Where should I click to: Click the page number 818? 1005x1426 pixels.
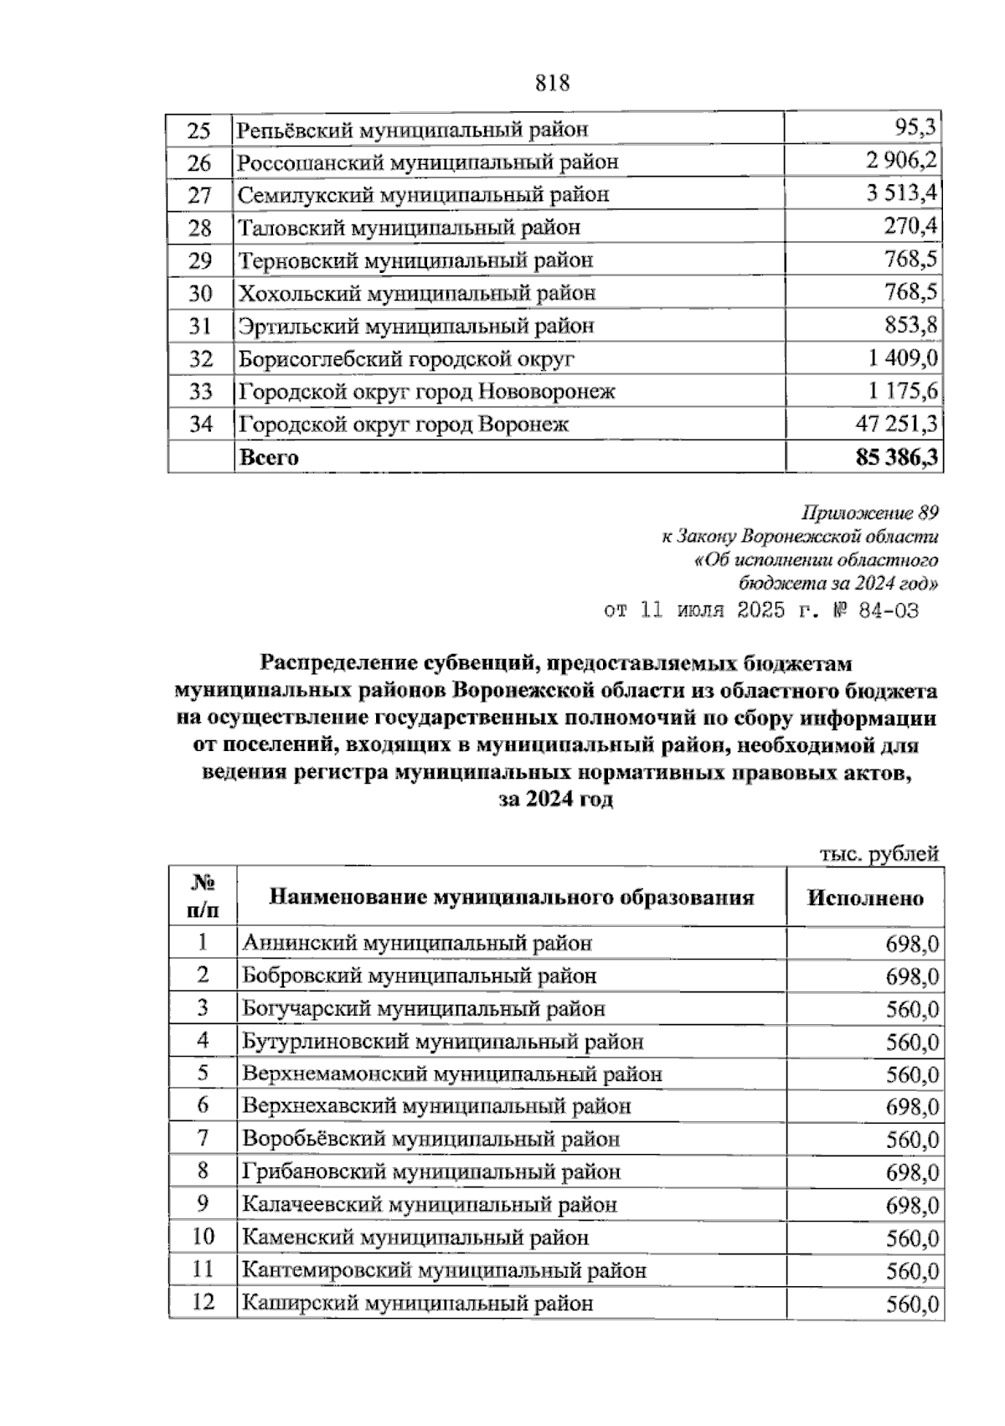551,83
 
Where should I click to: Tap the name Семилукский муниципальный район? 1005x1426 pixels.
424,195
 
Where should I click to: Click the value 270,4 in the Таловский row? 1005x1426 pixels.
910,227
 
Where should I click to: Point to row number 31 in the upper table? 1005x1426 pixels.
200,326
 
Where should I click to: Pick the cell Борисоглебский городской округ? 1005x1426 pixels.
407,359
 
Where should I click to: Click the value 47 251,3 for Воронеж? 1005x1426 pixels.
896,424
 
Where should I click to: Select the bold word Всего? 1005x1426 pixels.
269,457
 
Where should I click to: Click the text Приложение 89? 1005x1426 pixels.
869,512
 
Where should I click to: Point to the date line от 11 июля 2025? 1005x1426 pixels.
760,610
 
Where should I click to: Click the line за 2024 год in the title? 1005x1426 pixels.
556,800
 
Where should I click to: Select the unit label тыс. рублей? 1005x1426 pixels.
879,854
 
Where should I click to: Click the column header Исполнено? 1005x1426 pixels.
865,898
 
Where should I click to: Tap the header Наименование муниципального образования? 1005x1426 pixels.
511,898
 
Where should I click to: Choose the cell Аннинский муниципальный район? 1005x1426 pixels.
417,944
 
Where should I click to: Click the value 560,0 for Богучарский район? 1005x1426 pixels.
912,1010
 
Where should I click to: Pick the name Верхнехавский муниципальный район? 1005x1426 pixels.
436,1107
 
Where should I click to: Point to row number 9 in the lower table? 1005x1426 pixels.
202,1204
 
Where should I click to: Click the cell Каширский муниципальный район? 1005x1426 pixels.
417,1304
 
